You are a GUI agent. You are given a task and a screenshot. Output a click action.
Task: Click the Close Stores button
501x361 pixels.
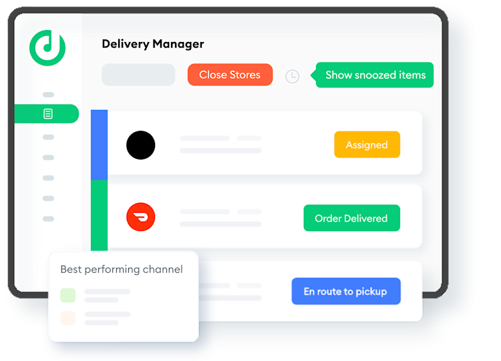point(230,75)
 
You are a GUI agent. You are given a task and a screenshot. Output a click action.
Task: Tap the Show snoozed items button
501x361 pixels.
point(375,75)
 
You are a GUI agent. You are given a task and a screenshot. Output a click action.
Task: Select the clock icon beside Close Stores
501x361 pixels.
point(292,76)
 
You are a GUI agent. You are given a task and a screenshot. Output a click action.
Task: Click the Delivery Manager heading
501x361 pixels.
point(153,44)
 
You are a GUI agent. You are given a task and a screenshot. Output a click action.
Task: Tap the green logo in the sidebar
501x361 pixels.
point(47,47)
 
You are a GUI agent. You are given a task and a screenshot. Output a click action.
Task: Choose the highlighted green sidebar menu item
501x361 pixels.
point(47,114)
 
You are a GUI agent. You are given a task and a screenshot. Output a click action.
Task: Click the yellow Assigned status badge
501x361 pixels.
point(367,145)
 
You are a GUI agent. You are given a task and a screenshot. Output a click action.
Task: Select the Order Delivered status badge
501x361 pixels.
point(351,218)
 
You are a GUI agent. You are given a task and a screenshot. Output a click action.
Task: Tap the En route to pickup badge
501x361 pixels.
point(345,291)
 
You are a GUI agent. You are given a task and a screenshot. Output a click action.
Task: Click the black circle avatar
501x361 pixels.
point(141,145)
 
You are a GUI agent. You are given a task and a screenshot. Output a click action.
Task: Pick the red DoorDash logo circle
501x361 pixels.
point(141,218)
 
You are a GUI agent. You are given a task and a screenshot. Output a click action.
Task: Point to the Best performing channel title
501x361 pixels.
point(122,270)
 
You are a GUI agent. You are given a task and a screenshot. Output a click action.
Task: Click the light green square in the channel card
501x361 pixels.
point(67,295)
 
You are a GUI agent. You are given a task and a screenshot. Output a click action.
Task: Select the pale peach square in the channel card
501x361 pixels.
point(67,318)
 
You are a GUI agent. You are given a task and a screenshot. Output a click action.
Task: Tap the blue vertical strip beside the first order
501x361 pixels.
point(99,145)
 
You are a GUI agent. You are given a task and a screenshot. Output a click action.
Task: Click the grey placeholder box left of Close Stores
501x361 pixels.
point(138,75)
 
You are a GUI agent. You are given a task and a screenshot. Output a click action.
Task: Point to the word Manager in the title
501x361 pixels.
point(178,44)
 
